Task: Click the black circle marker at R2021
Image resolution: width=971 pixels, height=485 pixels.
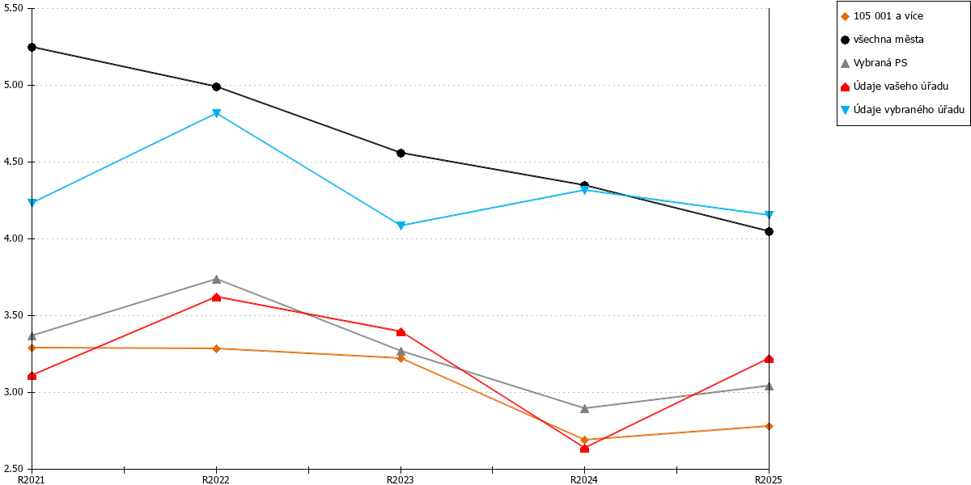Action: coord(32,47)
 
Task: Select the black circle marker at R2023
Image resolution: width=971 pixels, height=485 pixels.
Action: coord(401,154)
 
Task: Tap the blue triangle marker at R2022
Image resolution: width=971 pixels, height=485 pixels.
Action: coord(216,113)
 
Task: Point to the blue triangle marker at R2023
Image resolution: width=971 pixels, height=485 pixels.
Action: coord(401,226)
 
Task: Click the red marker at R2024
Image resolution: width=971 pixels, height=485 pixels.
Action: coord(584,448)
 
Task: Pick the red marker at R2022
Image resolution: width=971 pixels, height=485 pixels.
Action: coord(216,297)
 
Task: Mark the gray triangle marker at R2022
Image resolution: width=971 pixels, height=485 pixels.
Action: coord(216,280)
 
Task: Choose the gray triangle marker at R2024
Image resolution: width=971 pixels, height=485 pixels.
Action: coord(584,408)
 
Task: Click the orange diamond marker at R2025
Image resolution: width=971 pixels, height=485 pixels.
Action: coord(769,427)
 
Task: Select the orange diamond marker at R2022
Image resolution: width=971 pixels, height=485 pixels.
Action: coord(216,348)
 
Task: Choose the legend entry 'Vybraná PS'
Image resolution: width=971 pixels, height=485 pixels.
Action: coord(874,63)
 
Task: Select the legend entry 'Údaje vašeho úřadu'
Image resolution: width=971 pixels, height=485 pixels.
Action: coord(894,86)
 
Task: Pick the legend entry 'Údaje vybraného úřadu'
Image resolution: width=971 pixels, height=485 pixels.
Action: coord(902,110)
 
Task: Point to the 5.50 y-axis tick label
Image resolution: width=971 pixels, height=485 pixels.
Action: coord(13,8)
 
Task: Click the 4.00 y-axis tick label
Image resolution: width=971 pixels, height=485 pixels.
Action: coord(13,238)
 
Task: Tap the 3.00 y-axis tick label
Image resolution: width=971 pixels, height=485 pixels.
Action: coord(13,392)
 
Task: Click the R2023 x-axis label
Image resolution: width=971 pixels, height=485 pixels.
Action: coord(400,480)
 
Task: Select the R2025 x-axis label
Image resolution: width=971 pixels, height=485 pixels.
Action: coord(769,480)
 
